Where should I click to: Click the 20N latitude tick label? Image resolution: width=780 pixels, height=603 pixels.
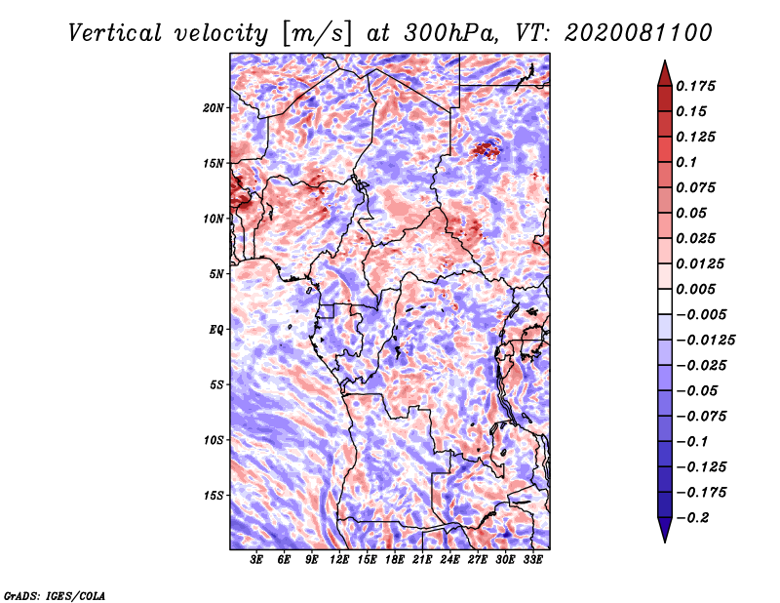coord(213,108)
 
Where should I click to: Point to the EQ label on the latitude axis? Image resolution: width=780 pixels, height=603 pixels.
coord(215,330)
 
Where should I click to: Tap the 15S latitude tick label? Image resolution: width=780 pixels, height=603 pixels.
coord(214,496)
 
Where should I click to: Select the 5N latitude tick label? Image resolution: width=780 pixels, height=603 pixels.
coord(216,274)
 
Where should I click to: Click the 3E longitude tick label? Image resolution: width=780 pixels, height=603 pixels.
coord(256,560)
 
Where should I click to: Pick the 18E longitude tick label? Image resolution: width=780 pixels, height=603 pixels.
coord(395,560)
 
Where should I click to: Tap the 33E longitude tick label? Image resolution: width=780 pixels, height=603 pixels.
coord(532,560)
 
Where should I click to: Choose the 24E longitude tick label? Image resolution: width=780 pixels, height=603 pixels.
coord(449,560)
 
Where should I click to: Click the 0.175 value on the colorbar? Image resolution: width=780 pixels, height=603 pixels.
coord(695,86)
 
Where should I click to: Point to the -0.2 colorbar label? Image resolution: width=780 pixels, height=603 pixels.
coord(692,518)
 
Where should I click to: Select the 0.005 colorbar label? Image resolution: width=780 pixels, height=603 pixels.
coord(695,289)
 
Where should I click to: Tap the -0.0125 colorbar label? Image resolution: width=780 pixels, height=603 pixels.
coord(705,341)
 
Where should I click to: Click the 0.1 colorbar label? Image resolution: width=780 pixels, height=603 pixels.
coord(686,162)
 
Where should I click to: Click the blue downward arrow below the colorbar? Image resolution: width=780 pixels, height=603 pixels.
coord(665,529)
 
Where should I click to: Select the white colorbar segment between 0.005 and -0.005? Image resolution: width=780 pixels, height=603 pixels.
coord(665,301)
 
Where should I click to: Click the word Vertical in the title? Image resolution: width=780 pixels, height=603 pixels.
coord(115,33)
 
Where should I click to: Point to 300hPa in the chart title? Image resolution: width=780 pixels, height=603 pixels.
coord(450,33)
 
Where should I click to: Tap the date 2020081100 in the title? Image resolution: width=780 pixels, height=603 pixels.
coord(639,33)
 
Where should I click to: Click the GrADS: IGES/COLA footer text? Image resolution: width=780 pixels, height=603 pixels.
coord(55,595)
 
